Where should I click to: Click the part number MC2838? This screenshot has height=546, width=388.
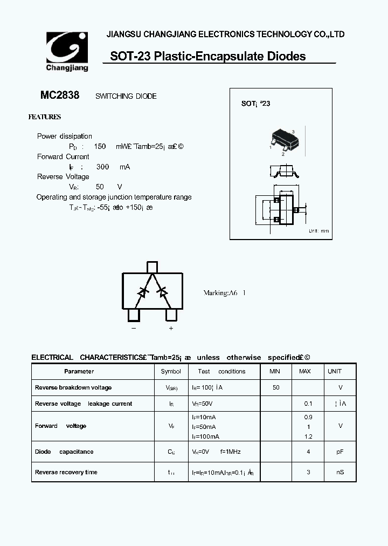pyautogui.click(x=60, y=95)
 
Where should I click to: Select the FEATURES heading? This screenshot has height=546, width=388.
pyautogui.click(x=44, y=117)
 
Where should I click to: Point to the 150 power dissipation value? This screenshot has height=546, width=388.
pyautogui.click(x=100, y=146)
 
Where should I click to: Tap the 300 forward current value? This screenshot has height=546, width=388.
pyautogui.click(x=102, y=167)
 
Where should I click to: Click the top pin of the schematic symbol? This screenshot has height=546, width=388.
pyautogui.click(x=152, y=267)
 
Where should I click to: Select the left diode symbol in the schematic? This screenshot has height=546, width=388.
pyautogui.click(x=143, y=292)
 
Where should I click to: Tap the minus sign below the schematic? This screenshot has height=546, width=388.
pyautogui.click(x=134, y=328)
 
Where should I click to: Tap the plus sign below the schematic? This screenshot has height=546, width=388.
pyautogui.click(x=171, y=328)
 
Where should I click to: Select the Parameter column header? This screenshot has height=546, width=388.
pyautogui.click(x=79, y=371)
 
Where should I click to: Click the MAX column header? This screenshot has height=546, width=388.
pyautogui.click(x=305, y=371)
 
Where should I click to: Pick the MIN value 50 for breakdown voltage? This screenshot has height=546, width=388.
pyautogui.click(x=276, y=387)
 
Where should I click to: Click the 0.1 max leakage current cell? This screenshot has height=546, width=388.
pyautogui.click(x=308, y=404)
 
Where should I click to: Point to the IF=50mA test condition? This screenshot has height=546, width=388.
pyautogui.click(x=205, y=426)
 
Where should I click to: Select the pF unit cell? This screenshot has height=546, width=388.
pyautogui.click(x=340, y=452)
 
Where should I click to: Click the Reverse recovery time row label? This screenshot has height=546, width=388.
pyautogui.click(x=66, y=472)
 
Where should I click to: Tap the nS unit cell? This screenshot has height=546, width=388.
pyautogui.click(x=340, y=472)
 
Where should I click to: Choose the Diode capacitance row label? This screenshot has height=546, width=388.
pyautogui.click(x=64, y=452)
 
